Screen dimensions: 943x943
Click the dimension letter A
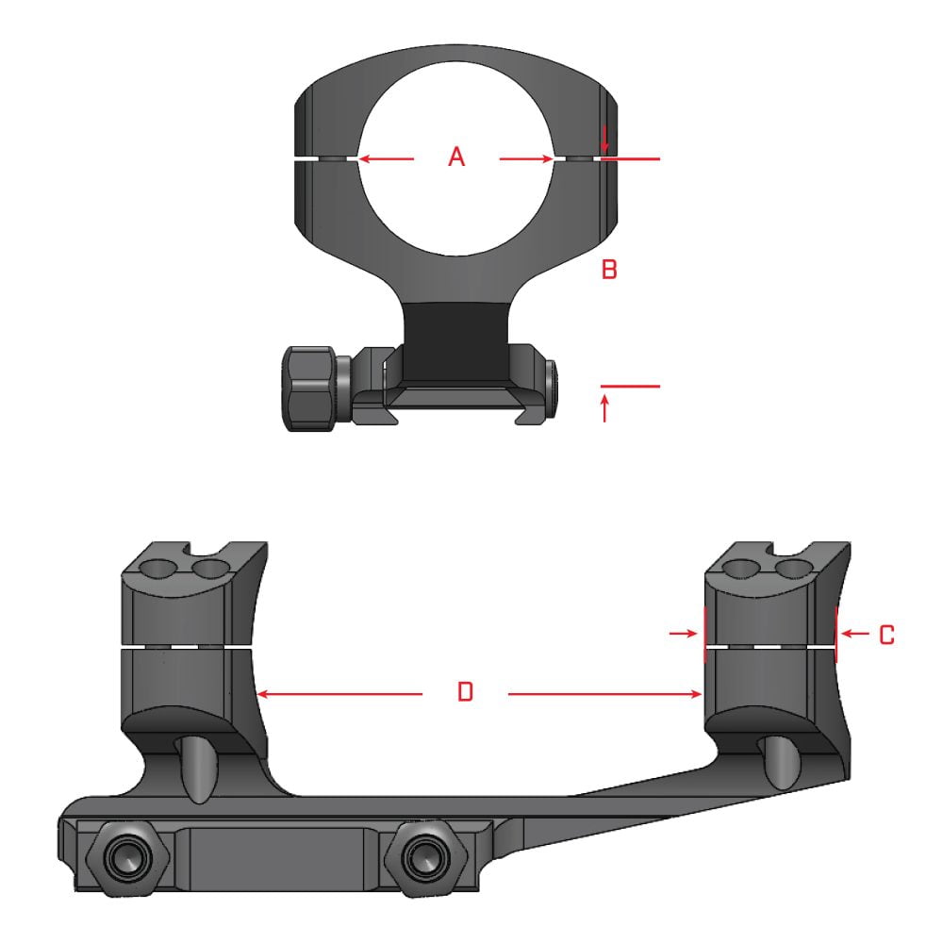click(x=456, y=157)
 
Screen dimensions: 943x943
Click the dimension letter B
click(x=609, y=271)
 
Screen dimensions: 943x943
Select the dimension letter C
click(x=886, y=636)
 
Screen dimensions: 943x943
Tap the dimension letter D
click(x=464, y=693)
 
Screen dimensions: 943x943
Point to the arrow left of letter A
click(x=386, y=159)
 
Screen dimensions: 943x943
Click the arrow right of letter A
click(x=526, y=159)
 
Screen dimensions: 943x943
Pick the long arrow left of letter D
click(x=339, y=694)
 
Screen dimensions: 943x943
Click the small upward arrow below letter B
click(x=604, y=408)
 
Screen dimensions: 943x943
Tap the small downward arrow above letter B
click(x=604, y=140)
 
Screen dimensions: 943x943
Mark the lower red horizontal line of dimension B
click(x=630, y=387)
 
